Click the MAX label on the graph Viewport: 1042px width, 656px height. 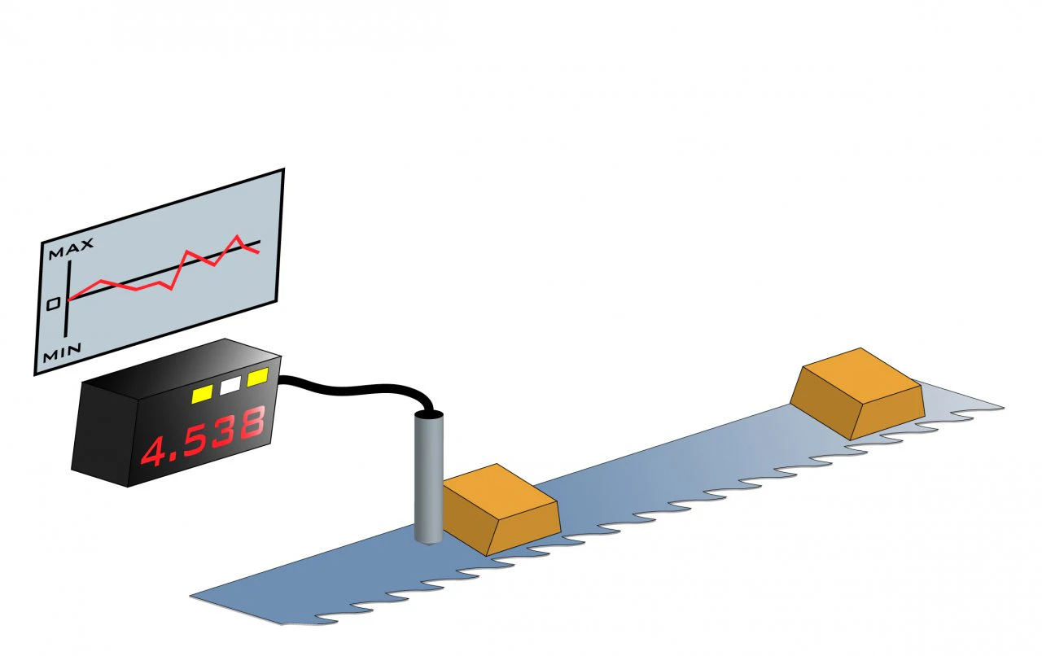[71, 248]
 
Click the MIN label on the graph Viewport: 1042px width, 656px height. [62, 352]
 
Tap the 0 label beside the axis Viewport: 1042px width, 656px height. [54, 304]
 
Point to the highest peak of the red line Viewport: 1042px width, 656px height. [238, 236]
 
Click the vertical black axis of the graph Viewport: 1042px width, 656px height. [68, 298]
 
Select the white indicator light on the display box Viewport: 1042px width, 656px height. [230, 385]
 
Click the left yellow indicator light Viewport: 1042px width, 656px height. [203, 394]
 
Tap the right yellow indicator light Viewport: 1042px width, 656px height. [258, 377]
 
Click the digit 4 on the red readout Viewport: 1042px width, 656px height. [154, 451]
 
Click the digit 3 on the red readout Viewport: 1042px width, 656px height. [224, 431]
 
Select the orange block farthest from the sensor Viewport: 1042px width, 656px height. [857, 394]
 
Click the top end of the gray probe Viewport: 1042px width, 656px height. [428, 414]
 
